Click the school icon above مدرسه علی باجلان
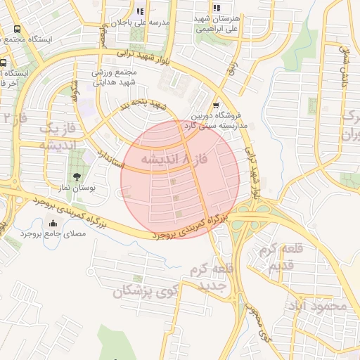pos(140,11)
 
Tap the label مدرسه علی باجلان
pos(143,22)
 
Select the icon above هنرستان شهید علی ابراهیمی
pos(216,7)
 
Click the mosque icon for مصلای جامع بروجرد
pos(53,224)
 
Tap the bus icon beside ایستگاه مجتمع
pos(17,30)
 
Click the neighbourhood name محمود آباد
pos(317,306)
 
